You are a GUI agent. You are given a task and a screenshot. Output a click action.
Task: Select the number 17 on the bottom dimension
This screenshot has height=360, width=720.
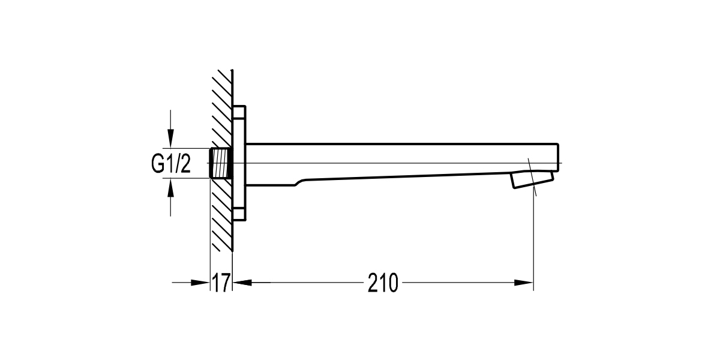pos(221,283)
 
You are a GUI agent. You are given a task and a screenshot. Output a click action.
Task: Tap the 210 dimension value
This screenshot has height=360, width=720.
pos(383,283)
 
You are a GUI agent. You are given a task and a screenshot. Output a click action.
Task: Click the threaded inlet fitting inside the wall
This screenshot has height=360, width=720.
pos(221,163)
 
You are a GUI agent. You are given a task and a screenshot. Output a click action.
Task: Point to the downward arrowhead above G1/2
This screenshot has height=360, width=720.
pos(172,139)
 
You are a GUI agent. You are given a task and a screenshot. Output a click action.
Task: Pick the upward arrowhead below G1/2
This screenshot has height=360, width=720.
pos(172,188)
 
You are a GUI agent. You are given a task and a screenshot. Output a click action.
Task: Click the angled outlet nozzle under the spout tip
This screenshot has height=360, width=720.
pos(531,179)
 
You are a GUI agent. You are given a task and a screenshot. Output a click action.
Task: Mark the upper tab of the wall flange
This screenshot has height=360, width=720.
pos(239,113)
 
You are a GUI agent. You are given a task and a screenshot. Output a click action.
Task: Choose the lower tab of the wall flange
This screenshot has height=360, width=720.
pos(239,214)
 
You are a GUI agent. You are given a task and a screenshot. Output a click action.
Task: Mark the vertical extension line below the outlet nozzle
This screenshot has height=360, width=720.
pos(533,240)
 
